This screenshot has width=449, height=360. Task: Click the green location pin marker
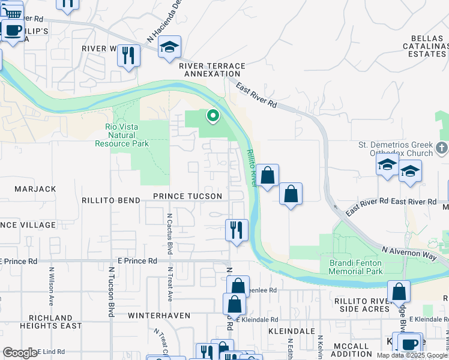click(x=212, y=115)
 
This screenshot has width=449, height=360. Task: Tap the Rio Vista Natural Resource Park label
click(x=122, y=135)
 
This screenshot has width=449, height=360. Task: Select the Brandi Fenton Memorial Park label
click(x=356, y=267)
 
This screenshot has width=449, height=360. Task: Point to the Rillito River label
click(x=251, y=169)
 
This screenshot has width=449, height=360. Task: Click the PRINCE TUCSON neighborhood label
click(x=187, y=196)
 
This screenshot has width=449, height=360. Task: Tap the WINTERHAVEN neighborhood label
click(x=158, y=315)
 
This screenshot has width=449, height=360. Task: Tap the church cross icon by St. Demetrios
click(x=442, y=148)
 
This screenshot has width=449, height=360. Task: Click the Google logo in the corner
click(x=20, y=353)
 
